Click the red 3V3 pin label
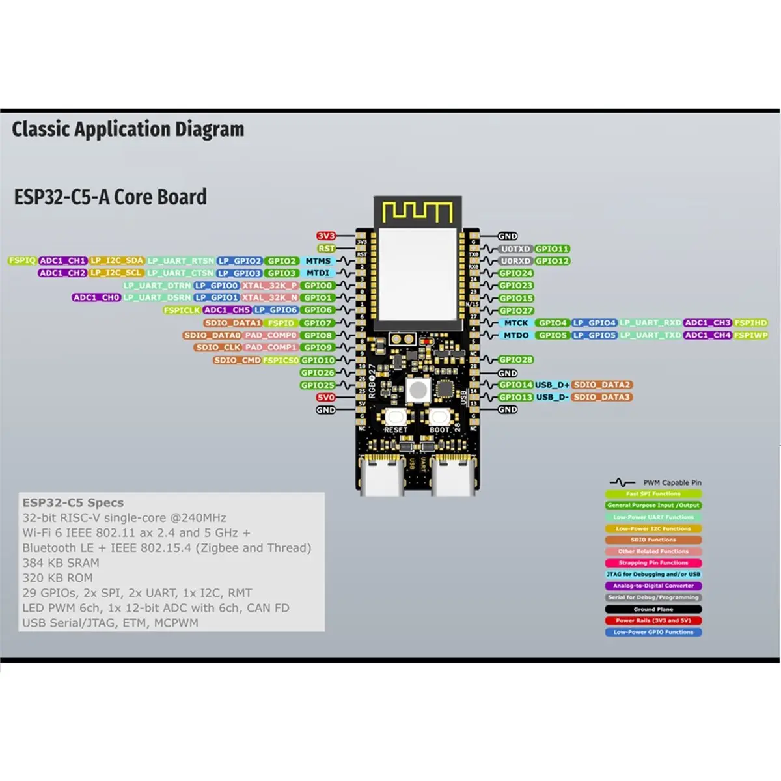click(326, 236)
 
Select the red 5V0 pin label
click(326, 397)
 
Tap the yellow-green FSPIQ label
click(22, 260)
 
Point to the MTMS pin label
click(318, 261)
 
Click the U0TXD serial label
click(515, 249)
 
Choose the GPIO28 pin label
click(515, 360)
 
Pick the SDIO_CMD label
click(237, 360)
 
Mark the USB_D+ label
click(552, 385)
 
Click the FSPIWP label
click(751, 335)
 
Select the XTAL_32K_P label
click(269, 286)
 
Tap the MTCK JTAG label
click(516, 323)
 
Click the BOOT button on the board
click(438, 417)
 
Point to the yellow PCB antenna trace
click(417, 212)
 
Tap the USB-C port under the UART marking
click(452, 478)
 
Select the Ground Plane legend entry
click(653, 609)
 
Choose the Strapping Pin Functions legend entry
click(653, 563)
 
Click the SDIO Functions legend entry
click(653, 540)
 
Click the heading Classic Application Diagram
click(128, 130)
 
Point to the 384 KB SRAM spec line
click(61, 563)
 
